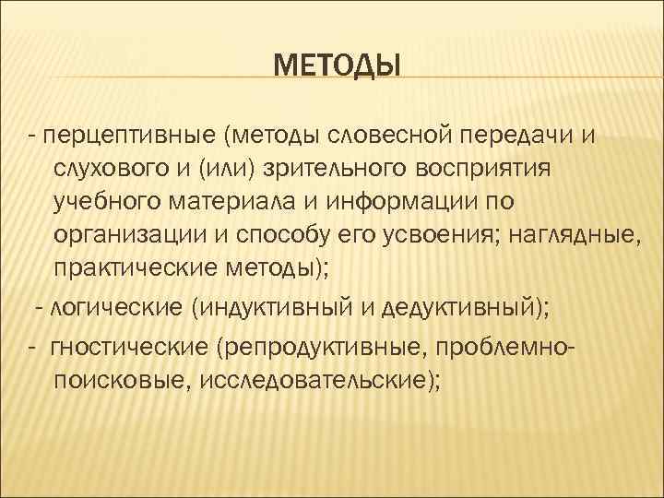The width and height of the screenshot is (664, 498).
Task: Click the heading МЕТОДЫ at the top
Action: (338, 67)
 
